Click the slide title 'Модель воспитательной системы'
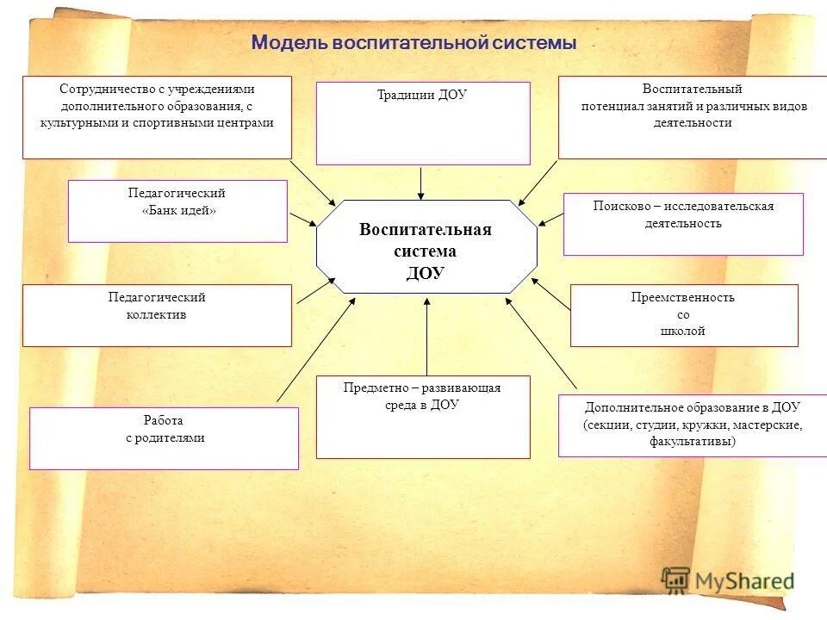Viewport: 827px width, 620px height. pyautogui.click(x=413, y=43)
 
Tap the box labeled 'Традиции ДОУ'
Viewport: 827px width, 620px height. pyautogui.click(x=422, y=122)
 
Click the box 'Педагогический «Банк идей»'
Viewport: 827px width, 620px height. pyautogui.click(x=177, y=211)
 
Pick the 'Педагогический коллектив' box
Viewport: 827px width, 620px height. pyautogui.click(x=157, y=315)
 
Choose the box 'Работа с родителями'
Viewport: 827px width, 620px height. pyautogui.click(x=164, y=437)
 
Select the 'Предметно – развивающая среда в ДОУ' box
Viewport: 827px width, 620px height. pyautogui.click(x=422, y=416)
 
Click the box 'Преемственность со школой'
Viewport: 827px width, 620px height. pyautogui.click(x=683, y=315)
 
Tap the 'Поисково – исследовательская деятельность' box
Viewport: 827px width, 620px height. pyautogui.click(x=683, y=224)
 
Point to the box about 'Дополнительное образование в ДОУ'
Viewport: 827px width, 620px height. pyautogui.click(x=693, y=425)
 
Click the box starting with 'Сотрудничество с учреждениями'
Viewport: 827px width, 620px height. pyautogui.click(x=157, y=117)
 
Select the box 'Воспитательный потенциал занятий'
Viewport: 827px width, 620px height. pyautogui.click(x=693, y=117)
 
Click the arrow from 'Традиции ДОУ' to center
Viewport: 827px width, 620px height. pyautogui.click(x=421, y=182)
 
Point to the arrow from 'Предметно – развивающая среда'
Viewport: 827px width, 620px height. pyautogui.click(x=426, y=336)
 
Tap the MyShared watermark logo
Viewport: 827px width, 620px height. pyautogui.click(x=728, y=580)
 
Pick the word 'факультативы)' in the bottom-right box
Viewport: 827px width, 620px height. pyautogui.click(x=693, y=442)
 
